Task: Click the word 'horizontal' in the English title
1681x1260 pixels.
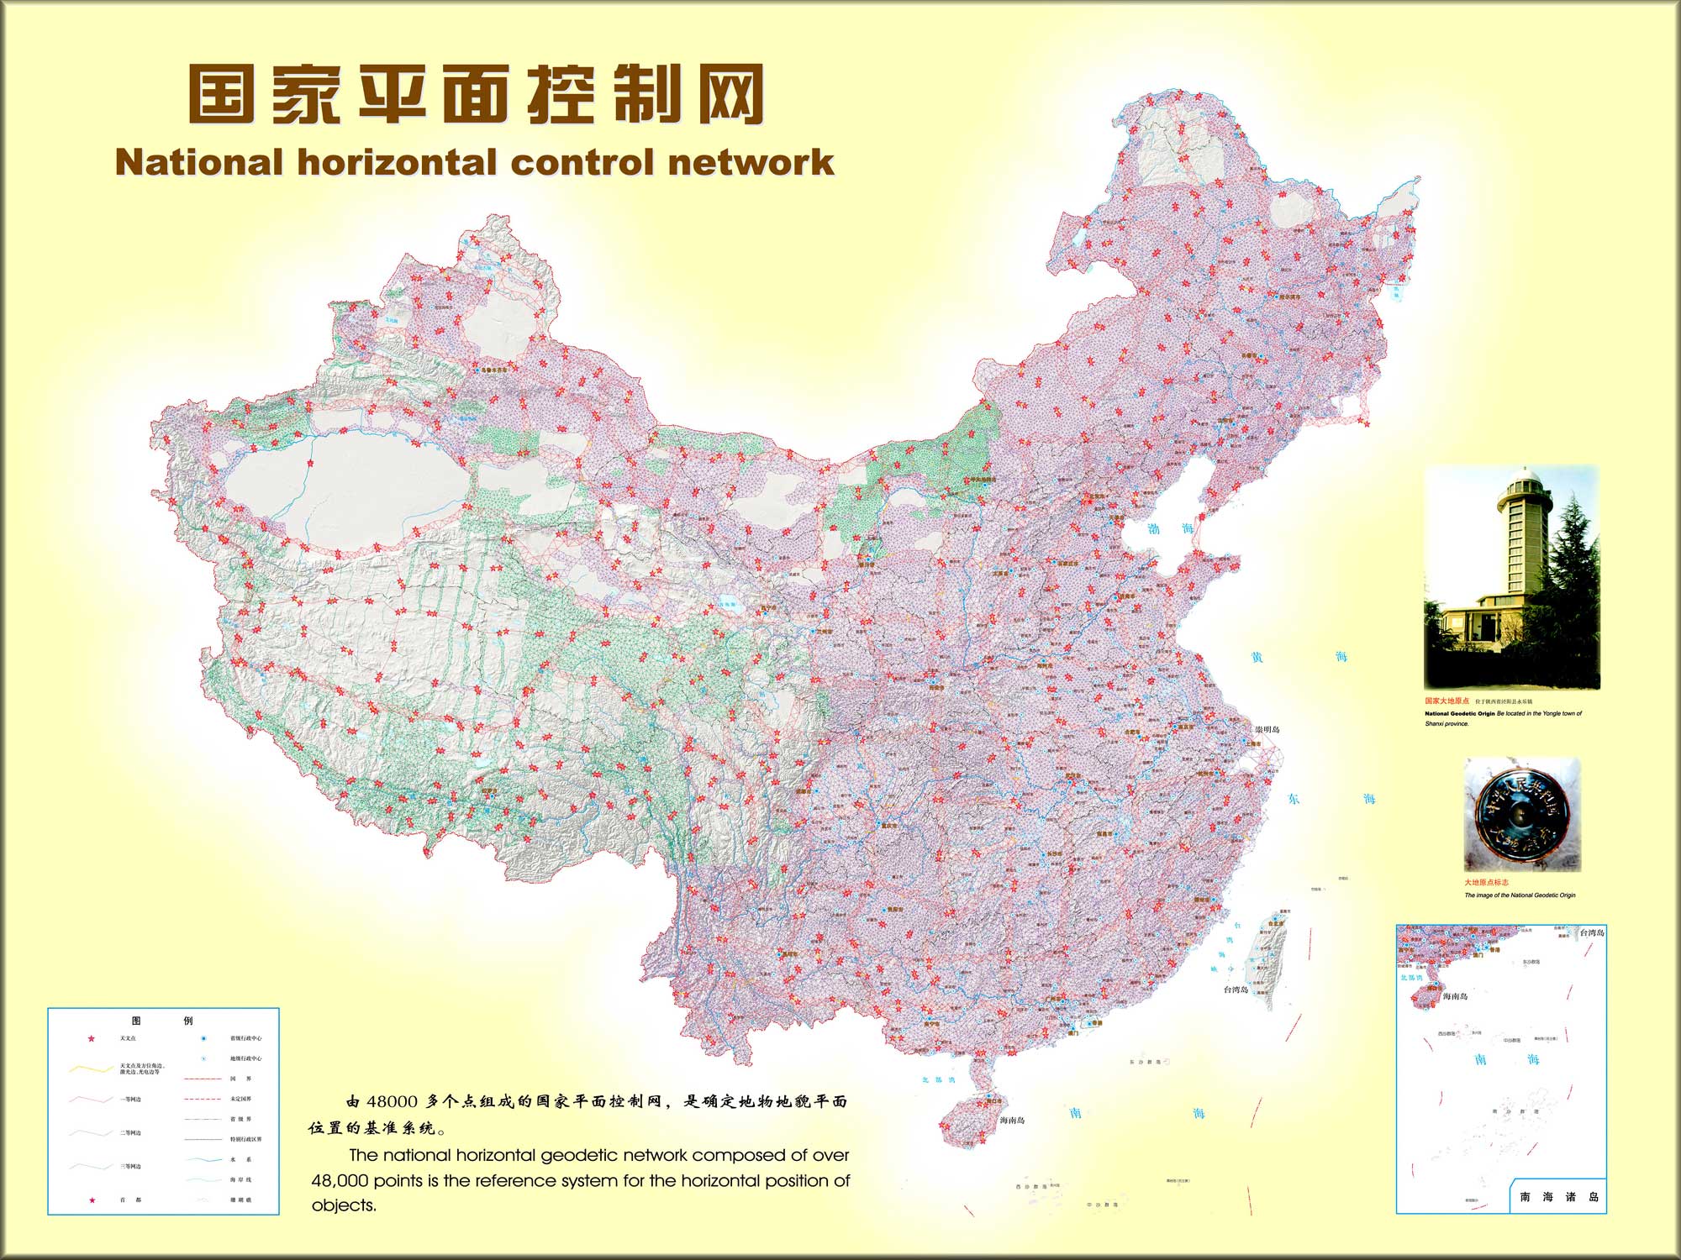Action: tap(398, 162)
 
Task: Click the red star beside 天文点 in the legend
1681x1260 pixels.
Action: tap(92, 1039)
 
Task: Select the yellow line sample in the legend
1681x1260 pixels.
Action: tap(92, 1069)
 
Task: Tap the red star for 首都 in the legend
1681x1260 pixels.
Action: tap(92, 1200)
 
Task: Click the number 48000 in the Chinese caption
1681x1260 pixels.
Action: tap(390, 1101)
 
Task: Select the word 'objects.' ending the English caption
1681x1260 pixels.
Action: tap(343, 1205)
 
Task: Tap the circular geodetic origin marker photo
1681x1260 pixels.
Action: tap(1522, 813)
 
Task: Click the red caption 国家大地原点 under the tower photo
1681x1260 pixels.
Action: tap(1447, 701)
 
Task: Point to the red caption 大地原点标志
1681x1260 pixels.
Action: tap(1486, 883)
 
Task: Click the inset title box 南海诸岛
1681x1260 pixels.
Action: tap(1558, 1197)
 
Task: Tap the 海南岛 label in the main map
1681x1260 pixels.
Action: tap(1012, 1121)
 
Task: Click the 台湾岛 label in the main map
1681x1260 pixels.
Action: tap(1235, 990)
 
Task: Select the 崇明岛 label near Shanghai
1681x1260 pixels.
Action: tap(1267, 729)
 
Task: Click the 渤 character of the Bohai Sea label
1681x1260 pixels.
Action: tap(1154, 529)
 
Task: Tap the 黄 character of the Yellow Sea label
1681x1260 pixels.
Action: tap(1257, 658)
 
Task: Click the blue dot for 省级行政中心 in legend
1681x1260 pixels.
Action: tap(203, 1038)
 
